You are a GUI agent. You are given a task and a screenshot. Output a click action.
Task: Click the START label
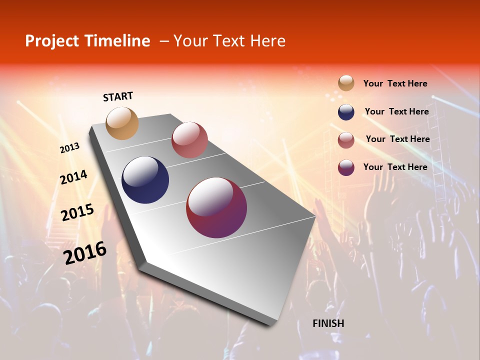(x=118, y=96)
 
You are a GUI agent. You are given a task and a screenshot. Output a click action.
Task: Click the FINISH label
(x=328, y=323)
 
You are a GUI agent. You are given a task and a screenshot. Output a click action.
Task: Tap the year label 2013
(x=69, y=148)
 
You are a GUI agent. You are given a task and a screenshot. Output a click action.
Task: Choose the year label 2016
(x=85, y=252)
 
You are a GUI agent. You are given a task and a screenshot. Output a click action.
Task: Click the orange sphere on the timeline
(x=122, y=123)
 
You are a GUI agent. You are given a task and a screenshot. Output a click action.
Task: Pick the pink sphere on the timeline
(x=189, y=140)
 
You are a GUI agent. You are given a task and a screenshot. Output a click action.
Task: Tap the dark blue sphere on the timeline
(x=145, y=180)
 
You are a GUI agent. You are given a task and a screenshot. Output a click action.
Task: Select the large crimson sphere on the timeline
(x=216, y=207)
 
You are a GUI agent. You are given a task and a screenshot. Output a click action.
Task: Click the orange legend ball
(x=346, y=83)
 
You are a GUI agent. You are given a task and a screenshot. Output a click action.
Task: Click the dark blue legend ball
(x=346, y=112)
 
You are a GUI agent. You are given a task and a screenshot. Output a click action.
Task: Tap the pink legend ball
(x=346, y=140)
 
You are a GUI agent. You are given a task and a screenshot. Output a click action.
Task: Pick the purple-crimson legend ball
(x=346, y=167)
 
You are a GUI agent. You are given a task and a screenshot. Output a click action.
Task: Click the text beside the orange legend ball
(x=395, y=83)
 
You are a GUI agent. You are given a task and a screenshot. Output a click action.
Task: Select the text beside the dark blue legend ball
(x=396, y=111)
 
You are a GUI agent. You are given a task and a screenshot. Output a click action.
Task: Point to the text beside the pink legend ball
(x=397, y=139)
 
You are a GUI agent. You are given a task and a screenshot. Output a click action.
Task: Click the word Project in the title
(x=52, y=41)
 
